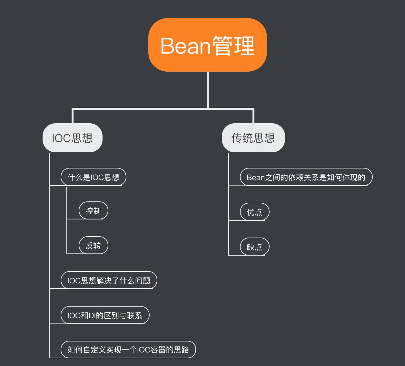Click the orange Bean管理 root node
click(207, 45)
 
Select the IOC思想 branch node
click(72, 138)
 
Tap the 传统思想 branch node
click(253, 138)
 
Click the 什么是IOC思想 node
click(93, 177)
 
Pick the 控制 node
click(93, 211)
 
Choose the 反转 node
click(93, 246)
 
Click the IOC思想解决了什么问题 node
click(109, 280)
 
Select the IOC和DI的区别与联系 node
click(105, 315)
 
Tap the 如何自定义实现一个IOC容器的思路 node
click(128, 350)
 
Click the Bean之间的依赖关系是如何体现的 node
click(306, 177)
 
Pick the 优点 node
click(254, 212)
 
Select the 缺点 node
click(254, 247)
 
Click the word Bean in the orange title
click(185, 46)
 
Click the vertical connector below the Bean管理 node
click(208, 90)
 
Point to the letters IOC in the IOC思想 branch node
click(61, 138)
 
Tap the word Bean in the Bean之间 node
click(256, 178)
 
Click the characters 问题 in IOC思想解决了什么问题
click(143, 281)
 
